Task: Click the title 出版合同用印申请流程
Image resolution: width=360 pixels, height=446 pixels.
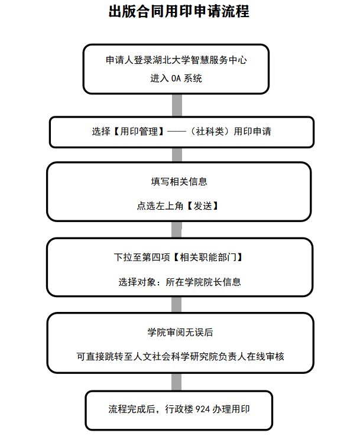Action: pos(179,12)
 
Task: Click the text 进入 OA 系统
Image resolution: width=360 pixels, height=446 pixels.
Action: pos(176,78)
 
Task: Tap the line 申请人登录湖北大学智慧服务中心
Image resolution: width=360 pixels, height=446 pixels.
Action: pos(176,60)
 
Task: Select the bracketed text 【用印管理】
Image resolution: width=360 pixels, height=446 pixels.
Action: pos(139,131)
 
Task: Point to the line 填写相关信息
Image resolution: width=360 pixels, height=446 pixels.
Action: pos(179,181)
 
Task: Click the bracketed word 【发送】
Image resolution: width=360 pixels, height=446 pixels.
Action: pos(203,206)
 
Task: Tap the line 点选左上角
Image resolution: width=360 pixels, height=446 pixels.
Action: pos(160,206)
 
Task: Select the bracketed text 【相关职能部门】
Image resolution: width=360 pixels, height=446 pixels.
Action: pos(207,257)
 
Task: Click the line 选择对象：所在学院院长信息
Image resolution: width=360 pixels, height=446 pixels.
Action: pos(180,282)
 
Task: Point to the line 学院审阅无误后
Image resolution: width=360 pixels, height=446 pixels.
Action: pos(180,332)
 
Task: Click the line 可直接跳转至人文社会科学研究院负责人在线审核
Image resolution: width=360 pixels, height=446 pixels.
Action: pos(180,356)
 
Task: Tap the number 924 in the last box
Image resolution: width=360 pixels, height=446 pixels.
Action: pos(203,409)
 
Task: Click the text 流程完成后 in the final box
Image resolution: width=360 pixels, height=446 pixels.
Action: pos(132,409)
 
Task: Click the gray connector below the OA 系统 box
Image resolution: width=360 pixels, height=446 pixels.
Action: pos(177,105)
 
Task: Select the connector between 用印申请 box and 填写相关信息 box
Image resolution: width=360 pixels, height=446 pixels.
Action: pos(177,155)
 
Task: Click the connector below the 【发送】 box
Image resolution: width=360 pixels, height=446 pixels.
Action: pos(176,230)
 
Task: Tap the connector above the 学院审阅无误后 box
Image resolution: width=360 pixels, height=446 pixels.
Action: pos(176,305)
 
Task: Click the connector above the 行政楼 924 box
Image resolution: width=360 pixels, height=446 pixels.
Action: pos(176,382)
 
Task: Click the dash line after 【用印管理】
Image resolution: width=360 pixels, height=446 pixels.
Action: pos(176,131)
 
